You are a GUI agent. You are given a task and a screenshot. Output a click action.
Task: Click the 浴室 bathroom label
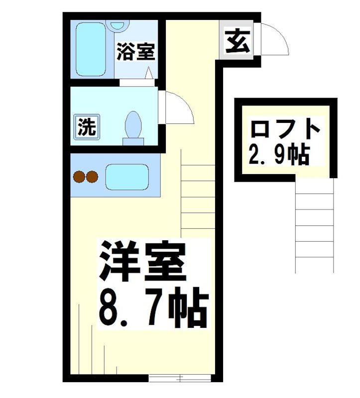pyautogui.click(x=135, y=52)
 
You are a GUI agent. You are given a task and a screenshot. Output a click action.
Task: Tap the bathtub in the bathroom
pyautogui.click(x=91, y=49)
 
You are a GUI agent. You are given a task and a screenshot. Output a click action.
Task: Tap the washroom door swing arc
pyautogui.click(x=178, y=107)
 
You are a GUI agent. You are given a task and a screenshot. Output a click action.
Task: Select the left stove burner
pyautogui.click(x=79, y=176)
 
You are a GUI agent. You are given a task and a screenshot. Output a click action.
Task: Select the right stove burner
pyautogui.click(x=93, y=176)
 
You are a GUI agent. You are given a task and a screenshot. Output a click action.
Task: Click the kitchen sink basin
pyautogui.click(x=127, y=176)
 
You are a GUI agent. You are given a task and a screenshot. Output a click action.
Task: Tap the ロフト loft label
pyautogui.click(x=284, y=130)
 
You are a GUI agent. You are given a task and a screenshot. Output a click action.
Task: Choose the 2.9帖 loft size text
pyautogui.click(x=279, y=154)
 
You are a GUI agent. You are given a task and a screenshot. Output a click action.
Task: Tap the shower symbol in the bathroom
pyautogui.click(x=149, y=74)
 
